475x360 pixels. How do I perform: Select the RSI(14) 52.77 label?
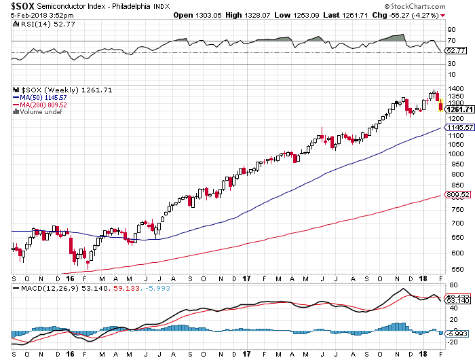coord(39,24)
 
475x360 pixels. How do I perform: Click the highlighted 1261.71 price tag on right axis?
coord(459,109)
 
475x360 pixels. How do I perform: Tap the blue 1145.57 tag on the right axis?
coord(459,127)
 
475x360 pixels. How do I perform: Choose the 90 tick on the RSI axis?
coord(451,30)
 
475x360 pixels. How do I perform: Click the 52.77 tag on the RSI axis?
coord(456,50)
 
